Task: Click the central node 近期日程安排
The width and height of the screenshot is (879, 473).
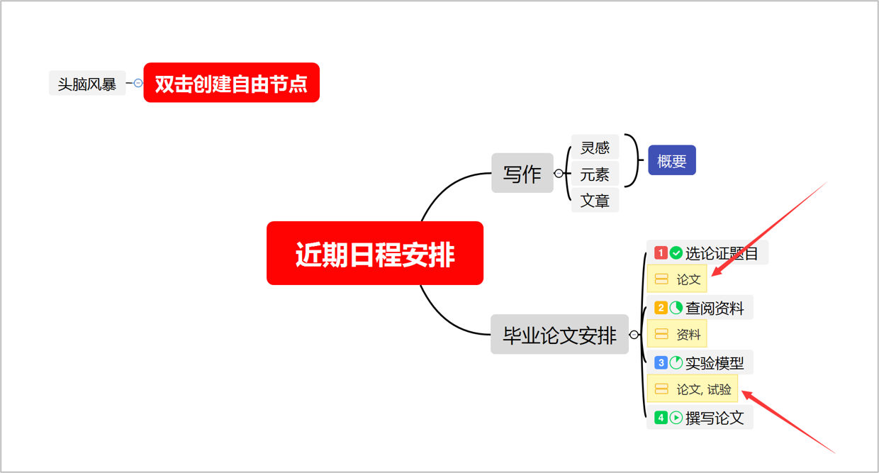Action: click(x=375, y=254)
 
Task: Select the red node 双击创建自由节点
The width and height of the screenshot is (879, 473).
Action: click(x=231, y=83)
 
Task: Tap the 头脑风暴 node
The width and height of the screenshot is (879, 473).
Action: click(x=86, y=84)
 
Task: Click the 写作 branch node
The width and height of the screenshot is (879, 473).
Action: click(x=522, y=174)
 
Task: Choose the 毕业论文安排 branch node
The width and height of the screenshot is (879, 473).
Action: click(x=559, y=335)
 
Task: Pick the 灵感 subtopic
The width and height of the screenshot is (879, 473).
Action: click(x=595, y=148)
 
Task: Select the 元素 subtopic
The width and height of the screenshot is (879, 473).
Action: click(x=595, y=174)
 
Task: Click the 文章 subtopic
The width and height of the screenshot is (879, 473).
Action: click(x=595, y=201)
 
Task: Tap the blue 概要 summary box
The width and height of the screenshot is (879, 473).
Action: click(x=671, y=161)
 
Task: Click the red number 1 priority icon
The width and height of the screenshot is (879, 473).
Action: click(x=661, y=253)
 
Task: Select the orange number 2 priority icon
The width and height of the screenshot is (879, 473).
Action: click(x=661, y=308)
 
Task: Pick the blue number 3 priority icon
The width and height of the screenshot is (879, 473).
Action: click(x=661, y=363)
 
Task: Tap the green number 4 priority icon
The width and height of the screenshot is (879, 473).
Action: click(x=661, y=418)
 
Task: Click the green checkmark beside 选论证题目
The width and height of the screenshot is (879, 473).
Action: click(x=676, y=253)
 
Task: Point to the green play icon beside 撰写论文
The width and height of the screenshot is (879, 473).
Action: click(x=676, y=418)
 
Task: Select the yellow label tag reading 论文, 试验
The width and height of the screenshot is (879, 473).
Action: click(x=693, y=389)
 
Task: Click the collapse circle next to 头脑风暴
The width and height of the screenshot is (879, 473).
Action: click(x=138, y=83)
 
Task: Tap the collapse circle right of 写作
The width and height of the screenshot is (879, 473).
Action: click(x=559, y=174)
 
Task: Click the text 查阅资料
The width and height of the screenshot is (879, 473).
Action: click(x=715, y=308)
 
